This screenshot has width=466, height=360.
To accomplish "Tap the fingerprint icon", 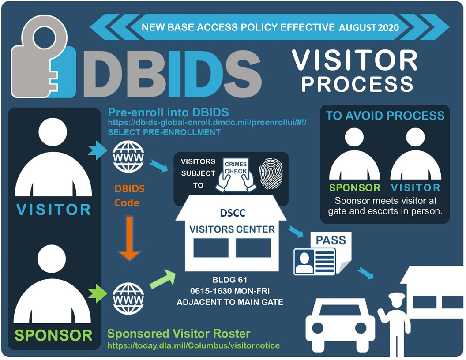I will [x=271, y=175].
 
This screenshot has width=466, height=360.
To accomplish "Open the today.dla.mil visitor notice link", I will [x=193, y=345].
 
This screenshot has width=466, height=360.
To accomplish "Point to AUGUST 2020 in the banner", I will [x=369, y=28].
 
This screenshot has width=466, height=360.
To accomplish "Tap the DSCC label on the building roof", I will [x=233, y=213].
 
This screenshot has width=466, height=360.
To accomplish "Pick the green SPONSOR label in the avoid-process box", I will [x=354, y=187].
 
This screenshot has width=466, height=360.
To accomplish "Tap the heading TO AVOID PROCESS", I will [x=385, y=116].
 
